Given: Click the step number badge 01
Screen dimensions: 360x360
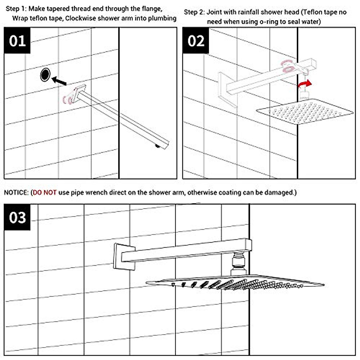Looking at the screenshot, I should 17,40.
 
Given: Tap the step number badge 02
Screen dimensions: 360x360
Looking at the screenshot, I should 196,40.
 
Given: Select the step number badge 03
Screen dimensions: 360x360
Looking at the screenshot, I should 17,217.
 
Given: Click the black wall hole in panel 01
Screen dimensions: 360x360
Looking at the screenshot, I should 45,75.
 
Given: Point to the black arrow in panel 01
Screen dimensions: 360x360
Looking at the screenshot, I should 59,81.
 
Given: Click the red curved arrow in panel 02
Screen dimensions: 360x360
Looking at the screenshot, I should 304,84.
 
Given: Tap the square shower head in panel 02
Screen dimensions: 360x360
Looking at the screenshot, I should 304,113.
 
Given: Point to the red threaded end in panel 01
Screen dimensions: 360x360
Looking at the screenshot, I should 67,100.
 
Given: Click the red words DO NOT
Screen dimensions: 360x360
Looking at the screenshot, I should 45,192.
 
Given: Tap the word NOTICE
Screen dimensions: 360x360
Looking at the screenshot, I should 16,192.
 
